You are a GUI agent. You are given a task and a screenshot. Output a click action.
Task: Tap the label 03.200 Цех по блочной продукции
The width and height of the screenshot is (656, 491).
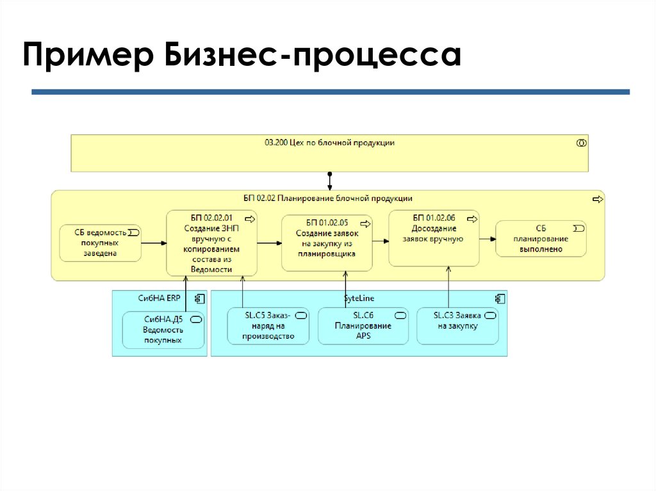point(329,143)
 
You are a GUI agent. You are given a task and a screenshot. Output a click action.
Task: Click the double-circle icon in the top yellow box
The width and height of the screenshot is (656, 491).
point(581,143)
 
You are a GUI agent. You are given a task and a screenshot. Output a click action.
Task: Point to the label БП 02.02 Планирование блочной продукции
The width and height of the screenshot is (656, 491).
point(327,198)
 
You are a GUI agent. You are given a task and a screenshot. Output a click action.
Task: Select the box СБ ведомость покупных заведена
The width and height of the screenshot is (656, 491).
point(101,243)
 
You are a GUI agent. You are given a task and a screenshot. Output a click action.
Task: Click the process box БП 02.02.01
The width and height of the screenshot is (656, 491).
point(211,243)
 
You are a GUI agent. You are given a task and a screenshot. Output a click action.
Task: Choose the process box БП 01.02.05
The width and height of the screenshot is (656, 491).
point(327,243)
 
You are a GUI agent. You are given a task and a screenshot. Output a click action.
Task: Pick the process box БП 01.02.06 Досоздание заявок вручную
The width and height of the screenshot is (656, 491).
point(434,237)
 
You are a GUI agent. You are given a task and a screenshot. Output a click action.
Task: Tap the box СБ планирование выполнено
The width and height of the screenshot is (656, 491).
point(541,238)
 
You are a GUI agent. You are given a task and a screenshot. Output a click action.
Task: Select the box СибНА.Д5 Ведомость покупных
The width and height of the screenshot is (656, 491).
point(163,330)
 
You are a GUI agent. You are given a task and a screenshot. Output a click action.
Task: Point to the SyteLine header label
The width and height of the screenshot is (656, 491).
point(359,298)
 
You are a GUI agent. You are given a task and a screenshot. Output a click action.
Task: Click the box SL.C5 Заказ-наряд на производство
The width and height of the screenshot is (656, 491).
point(268,326)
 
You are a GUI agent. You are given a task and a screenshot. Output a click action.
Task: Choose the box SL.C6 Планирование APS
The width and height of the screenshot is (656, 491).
point(363,326)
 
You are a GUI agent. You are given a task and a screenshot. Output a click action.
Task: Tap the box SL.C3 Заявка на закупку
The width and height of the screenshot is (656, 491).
point(457,325)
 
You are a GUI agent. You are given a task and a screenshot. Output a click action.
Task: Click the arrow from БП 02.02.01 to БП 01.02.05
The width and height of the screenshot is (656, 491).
point(270,243)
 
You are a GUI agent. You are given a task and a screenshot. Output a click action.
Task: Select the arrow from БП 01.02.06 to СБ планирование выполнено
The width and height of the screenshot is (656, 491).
point(487,238)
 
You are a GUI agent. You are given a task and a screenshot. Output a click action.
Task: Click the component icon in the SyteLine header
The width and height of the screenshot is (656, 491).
point(500,298)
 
